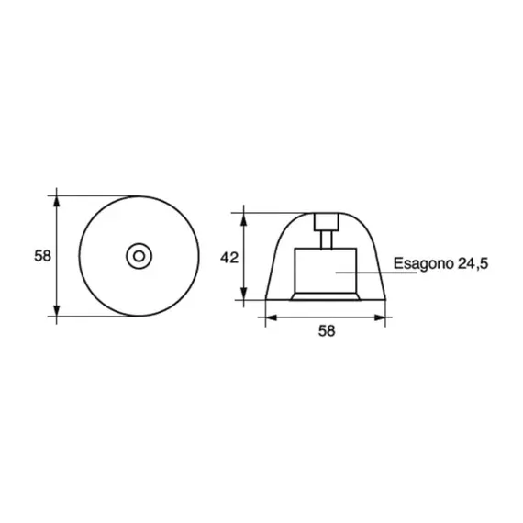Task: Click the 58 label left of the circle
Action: pos(42,256)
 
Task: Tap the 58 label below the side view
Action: pos(326,332)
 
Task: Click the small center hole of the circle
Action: pos(139,256)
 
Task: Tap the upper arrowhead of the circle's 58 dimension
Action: pos(58,199)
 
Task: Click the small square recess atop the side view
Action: pos(325,221)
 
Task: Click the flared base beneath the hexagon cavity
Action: pos(325,295)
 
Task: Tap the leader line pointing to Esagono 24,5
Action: pos(367,273)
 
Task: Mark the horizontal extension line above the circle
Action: pos(96,195)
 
